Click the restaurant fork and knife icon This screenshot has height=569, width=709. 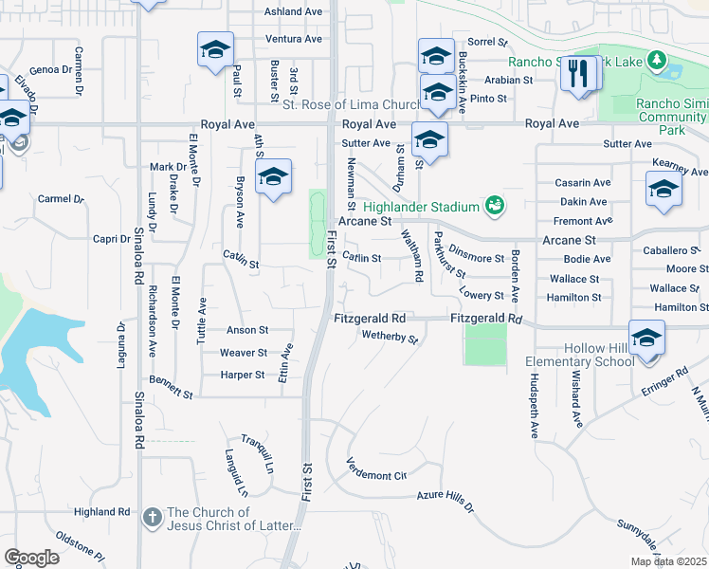coord(579,74)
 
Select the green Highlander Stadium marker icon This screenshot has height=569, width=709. coord(493,205)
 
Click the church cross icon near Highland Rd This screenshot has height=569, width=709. coord(152,518)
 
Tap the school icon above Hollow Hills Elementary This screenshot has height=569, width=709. coord(646,339)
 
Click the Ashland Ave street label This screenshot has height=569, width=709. coord(294,12)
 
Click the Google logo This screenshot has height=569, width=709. coord(31,558)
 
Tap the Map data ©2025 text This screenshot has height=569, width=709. coord(668,561)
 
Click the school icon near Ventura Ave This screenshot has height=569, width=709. coord(215,49)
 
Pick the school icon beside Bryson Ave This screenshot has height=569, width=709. coord(273,177)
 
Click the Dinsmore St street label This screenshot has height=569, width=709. coord(477,257)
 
